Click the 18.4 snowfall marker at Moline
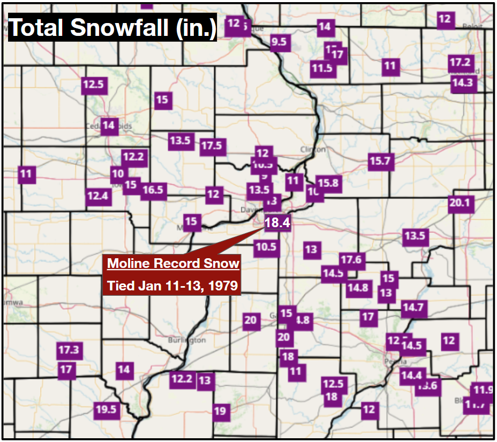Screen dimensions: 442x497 pos(277,222)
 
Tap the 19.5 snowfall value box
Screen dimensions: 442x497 pos(106,410)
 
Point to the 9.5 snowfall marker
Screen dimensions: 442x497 pos(279,42)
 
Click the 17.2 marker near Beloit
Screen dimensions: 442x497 pos(460,63)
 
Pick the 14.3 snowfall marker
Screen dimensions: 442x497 pos(462,83)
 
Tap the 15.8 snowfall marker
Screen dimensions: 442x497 pos(328,183)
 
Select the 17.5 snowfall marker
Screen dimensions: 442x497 pos(212,146)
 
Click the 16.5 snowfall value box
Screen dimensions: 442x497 pos(153,190)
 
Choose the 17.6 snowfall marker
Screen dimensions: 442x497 pos(351,260)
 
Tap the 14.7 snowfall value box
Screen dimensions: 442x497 pos(413,308)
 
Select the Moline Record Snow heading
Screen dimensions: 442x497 pos(173,264)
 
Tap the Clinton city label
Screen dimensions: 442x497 pos(313,149)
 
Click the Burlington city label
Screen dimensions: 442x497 pos(186,340)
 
